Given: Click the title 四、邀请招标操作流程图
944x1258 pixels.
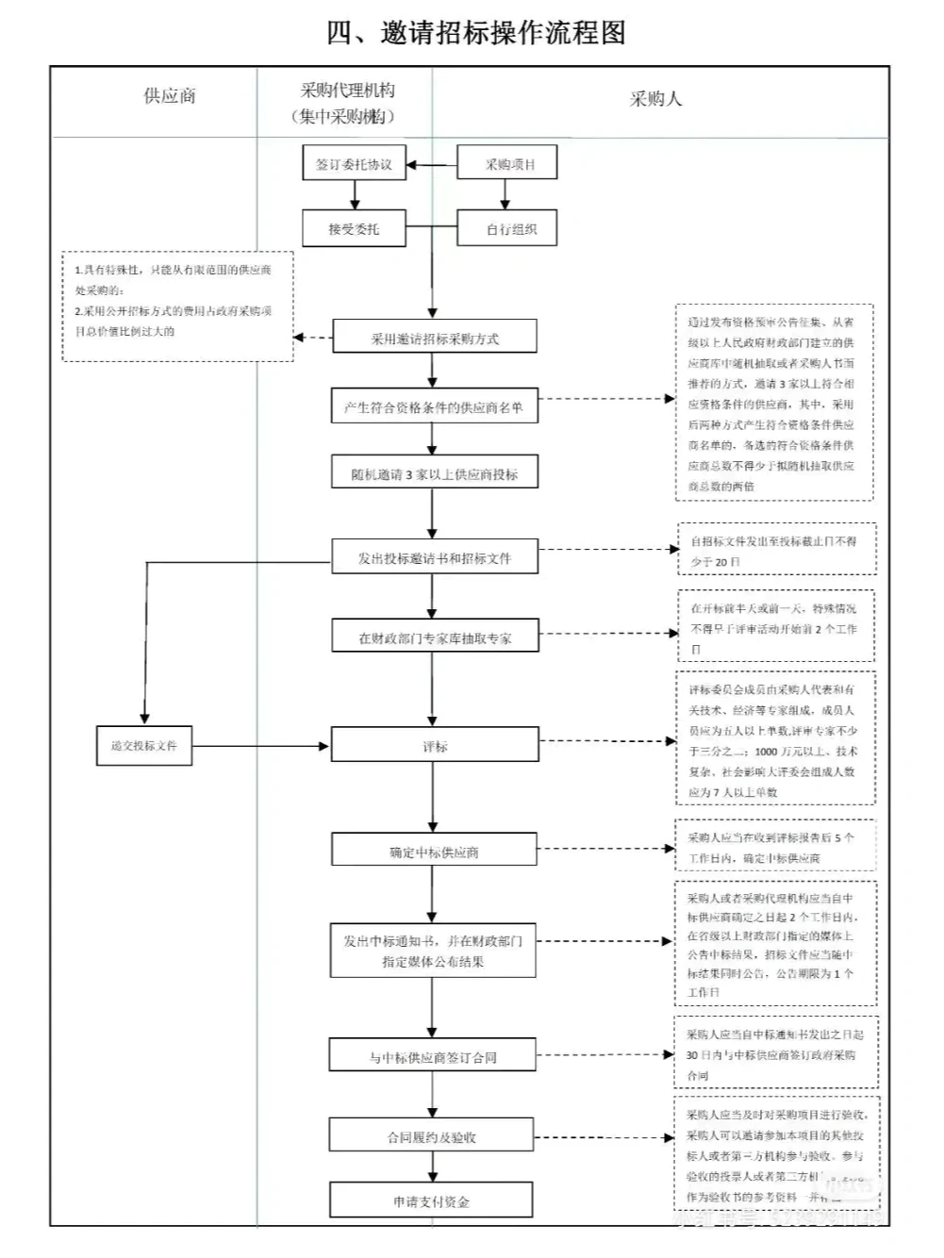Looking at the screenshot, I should click(x=475, y=33).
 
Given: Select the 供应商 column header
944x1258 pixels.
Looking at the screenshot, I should click(x=170, y=96).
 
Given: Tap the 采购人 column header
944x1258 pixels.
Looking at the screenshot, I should click(x=655, y=99).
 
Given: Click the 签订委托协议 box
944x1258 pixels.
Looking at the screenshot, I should click(x=354, y=163).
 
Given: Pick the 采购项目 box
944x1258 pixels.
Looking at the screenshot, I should click(x=507, y=163).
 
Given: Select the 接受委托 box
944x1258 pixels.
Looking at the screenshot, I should click(x=354, y=228).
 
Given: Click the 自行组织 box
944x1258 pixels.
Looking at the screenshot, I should click(x=507, y=228).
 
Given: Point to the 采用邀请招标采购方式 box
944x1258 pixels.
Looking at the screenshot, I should click(x=434, y=338).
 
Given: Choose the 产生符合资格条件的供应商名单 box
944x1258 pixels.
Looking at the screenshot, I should click(x=434, y=406).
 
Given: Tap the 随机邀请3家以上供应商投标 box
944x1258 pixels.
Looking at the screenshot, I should click(x=434, y=473).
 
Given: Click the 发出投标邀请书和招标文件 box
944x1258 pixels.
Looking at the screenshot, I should click(x=434, y=557).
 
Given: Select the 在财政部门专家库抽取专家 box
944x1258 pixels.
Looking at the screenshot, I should click(x=434, y=637).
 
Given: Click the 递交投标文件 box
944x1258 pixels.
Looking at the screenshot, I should click(x=144, y=746).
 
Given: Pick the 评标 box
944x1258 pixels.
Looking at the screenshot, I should click(x=434, y=746).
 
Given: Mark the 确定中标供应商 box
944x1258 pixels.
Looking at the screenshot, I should click(x=434, y=851).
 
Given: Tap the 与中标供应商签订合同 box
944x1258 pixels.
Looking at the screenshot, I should click(x=434, y=1056).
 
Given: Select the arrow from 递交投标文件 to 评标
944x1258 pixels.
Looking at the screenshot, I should click(x=260, y=746).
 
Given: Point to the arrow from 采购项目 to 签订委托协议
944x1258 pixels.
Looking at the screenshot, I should click(x=432, y=165).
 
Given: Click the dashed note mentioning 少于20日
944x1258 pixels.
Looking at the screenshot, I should click(x=776, y=551).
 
